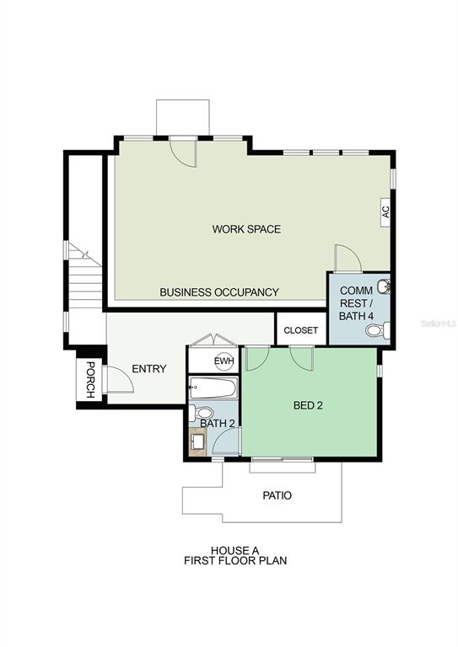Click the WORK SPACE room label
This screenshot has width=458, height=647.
click(246, 229)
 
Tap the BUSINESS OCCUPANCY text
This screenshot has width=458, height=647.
click(219, 292)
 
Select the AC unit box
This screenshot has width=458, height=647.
click(385, 211)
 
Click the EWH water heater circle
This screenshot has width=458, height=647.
click(224, 361)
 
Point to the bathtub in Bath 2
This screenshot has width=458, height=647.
click(213, 388)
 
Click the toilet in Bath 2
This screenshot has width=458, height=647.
click(201, 413)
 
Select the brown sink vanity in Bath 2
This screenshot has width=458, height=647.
click(198, 442)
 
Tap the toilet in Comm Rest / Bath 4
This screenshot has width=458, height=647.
click(378, 330)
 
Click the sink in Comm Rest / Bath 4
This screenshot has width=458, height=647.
click(384, 286)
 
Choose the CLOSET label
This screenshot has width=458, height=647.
click(301, 330)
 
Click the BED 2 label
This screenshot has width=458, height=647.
click(308, 405)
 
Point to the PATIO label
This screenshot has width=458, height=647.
click(277, 495)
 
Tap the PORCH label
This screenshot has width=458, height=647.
click(89, 380)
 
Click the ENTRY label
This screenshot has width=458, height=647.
click(149, 368)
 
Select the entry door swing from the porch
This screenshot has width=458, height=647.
click(120, 379)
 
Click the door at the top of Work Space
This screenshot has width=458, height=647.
click(183, 152)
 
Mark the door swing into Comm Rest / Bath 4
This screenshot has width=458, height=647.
click(348, 259)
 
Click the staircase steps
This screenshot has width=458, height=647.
click(85, 275)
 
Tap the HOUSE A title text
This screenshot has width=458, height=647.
click(235, 550)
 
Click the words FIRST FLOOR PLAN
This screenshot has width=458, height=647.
click(235, 560)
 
